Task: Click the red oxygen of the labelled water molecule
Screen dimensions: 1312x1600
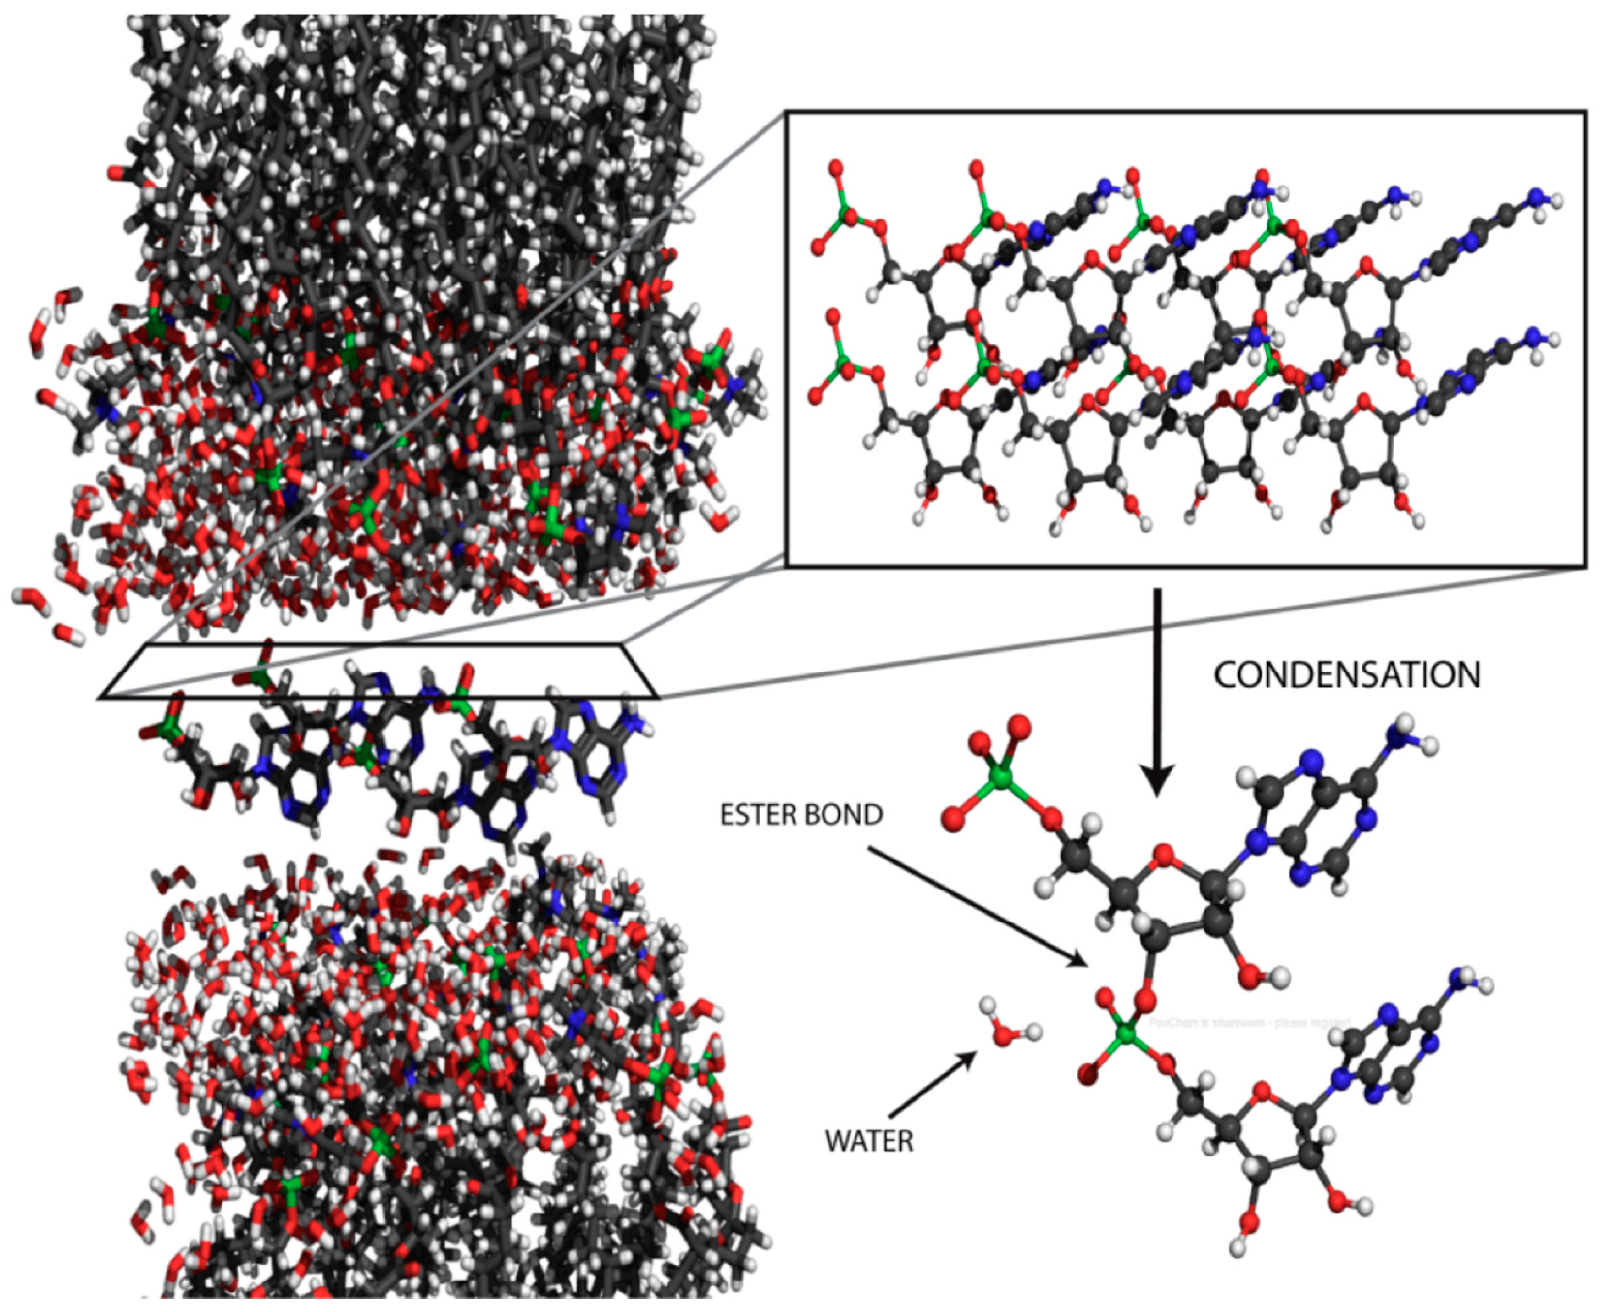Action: pyautogui.click(x=1006, y=1035)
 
